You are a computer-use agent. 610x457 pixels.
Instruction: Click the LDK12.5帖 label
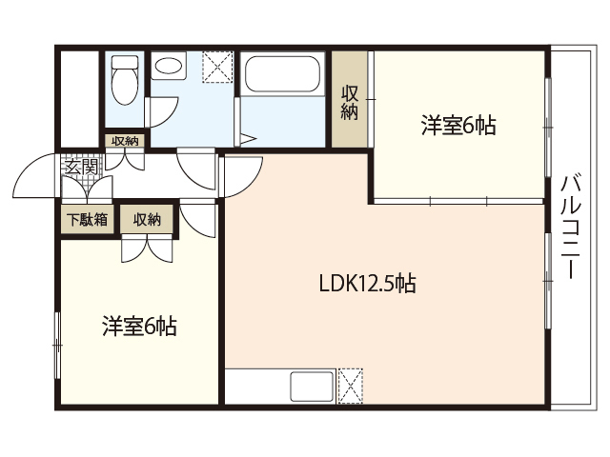(x=367, y=283)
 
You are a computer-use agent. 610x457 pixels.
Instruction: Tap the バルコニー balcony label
(x=571, y=226)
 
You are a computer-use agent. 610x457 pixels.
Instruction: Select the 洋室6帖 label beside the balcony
(x=458, y=126)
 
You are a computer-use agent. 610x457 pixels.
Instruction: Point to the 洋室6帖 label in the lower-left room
(x=138, y=326)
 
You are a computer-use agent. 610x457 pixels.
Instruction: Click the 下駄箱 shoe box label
(x=86, y=219)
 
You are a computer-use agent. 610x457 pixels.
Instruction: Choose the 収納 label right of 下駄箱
(x=147, y=219)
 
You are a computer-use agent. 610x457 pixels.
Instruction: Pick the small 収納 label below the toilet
(x=124, y=141)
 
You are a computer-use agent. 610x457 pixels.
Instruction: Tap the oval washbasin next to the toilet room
(x=170, y=69)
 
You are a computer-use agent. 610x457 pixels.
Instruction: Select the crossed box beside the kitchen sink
(x=351, y=387)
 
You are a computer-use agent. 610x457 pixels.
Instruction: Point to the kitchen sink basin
(x=311, y=387)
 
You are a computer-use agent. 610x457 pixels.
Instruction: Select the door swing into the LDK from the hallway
(x=242, y=176)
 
